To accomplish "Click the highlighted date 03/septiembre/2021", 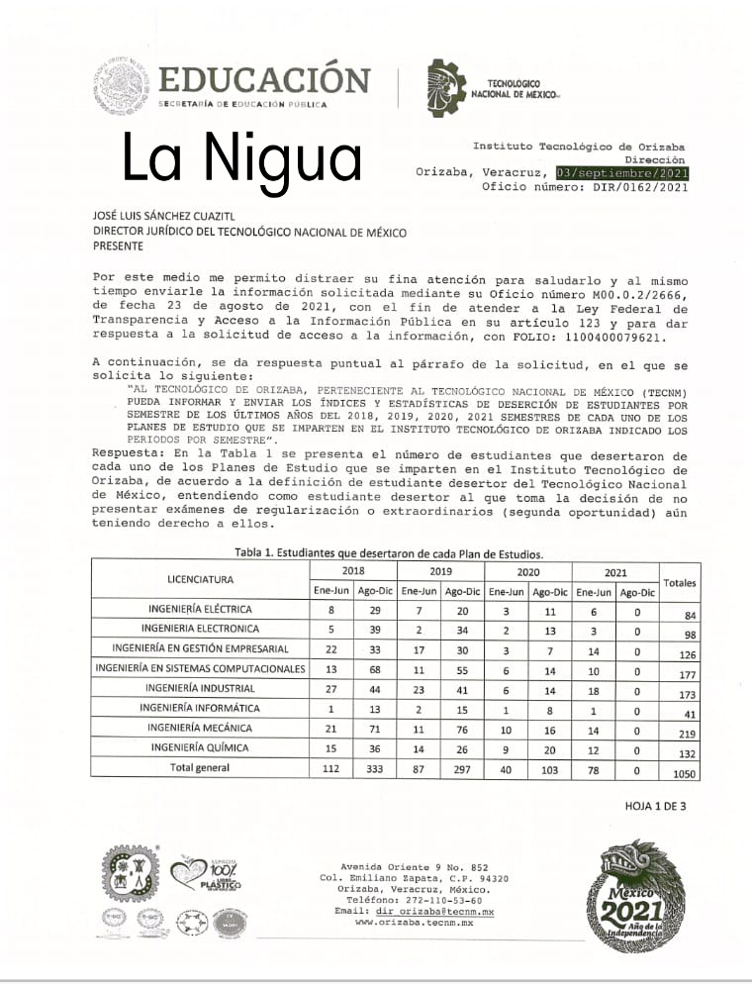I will [x=622, y=172].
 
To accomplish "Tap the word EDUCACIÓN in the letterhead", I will [x=263, y=78].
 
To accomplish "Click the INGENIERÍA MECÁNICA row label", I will [x=200, y=728].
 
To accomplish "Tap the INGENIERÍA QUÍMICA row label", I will [x=200, y=747].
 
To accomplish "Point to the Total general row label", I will [x=200, y=767].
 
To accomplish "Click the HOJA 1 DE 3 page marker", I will [x=655, y=806].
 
